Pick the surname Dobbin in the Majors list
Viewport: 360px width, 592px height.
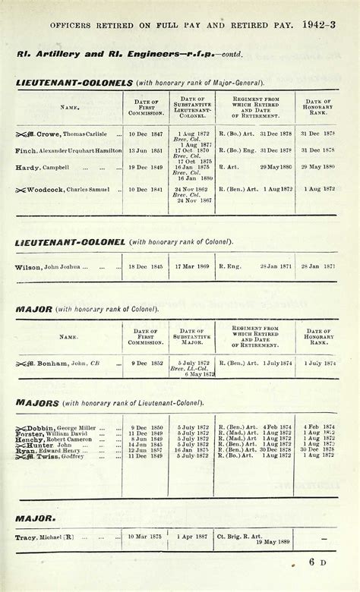(49, 427)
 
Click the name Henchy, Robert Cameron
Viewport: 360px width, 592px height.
(51, 439)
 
